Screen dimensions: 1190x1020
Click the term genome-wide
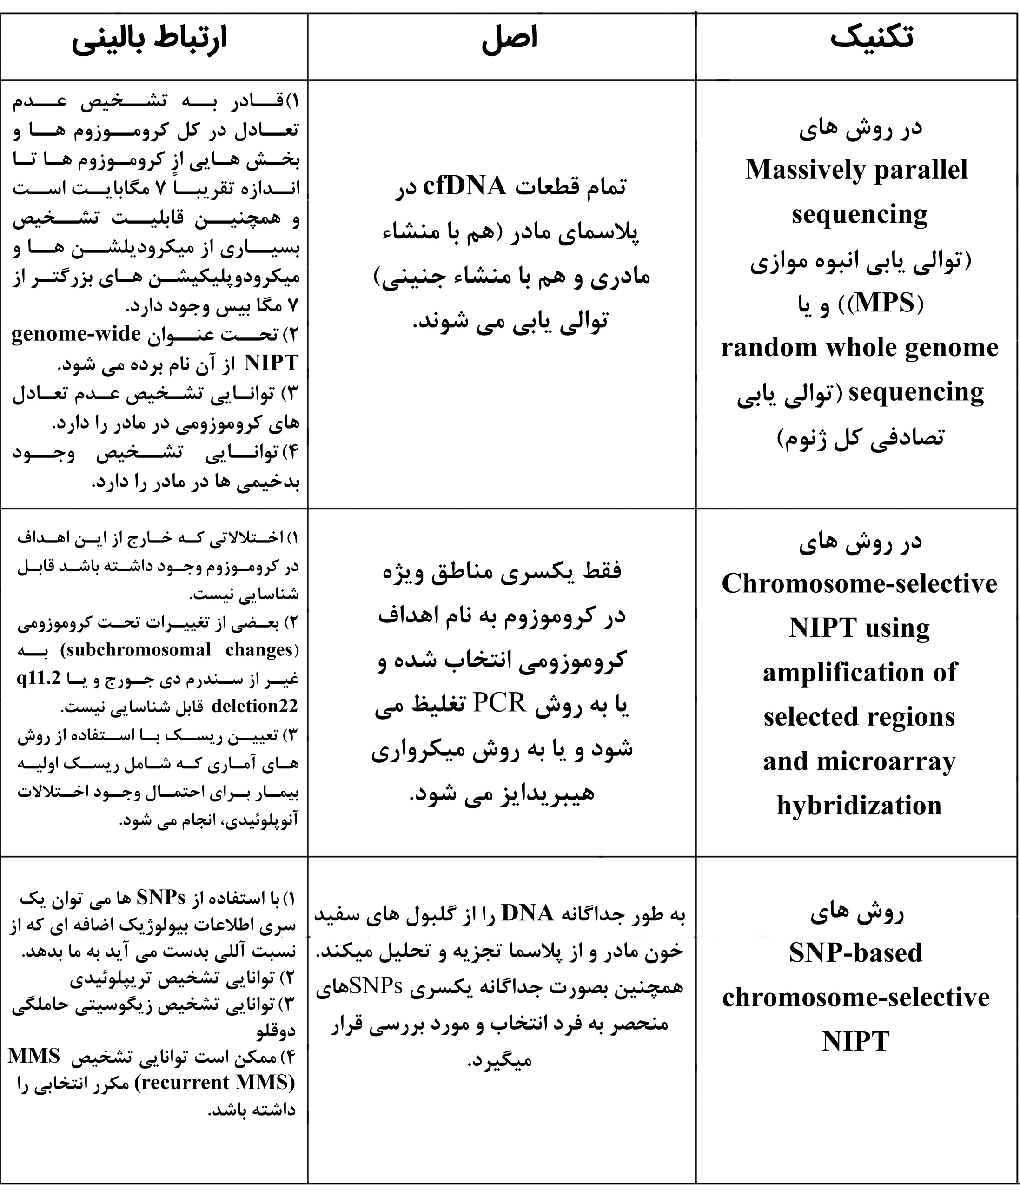coord(76,334)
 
